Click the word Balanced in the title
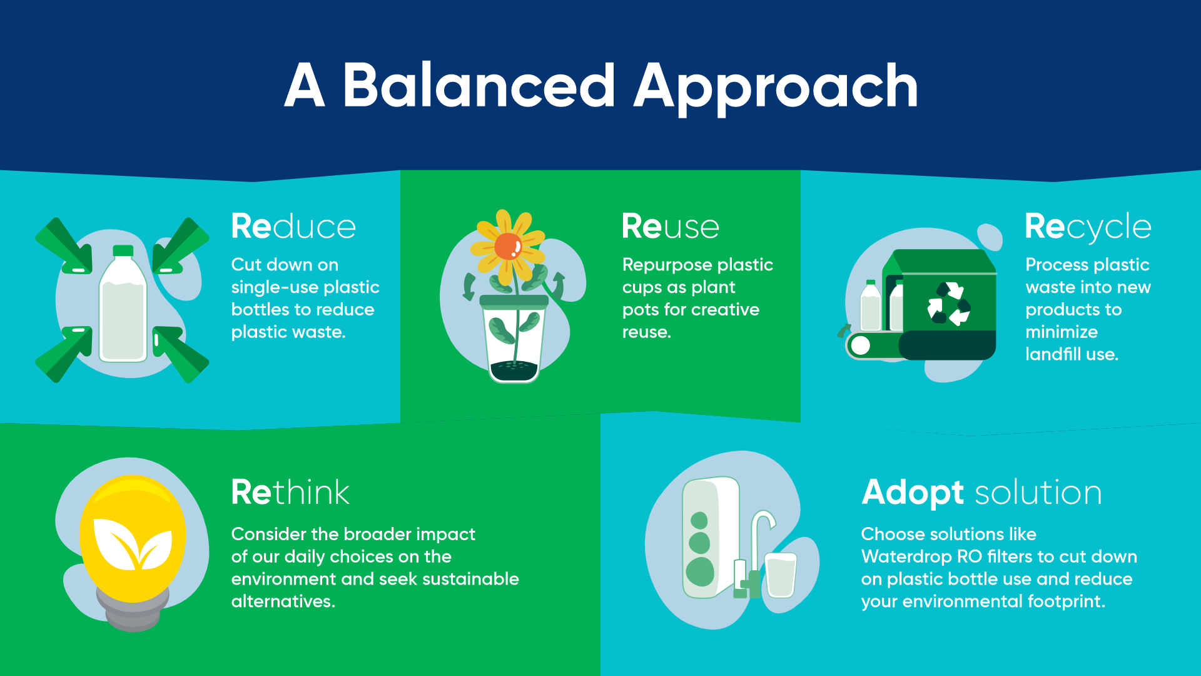[x=479, y=86]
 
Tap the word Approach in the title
[x=776, y=89]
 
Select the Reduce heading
[x=293, y=227]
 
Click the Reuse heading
[x=671, y=227]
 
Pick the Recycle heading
[x=1088, y=228]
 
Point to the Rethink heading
[x=290, y=492]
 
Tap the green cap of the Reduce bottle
[x=123, y=250]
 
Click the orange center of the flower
[x=508, y=246]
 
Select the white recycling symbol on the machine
[x=948, y=304]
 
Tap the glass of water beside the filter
[x=781, y=575]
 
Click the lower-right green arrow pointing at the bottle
[x=181, y=354]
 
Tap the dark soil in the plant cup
[x=514, y=371]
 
